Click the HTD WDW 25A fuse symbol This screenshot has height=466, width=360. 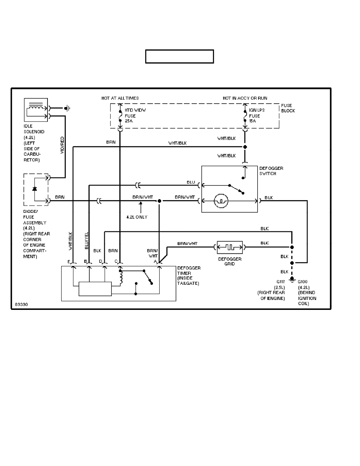(x=120, y=116)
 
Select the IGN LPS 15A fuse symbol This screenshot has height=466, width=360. (x=245, y=116)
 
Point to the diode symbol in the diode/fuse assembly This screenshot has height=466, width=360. (x=35, y=189)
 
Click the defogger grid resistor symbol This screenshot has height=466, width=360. (x=230, y=248)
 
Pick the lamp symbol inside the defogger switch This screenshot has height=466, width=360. (x=221, y=201)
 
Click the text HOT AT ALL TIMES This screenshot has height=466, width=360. (x=120, y=98)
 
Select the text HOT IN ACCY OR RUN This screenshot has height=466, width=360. (x=245, y=98)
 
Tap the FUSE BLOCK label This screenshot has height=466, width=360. (x=288, y=108)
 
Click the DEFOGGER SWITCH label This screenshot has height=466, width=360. (x=271, y=171)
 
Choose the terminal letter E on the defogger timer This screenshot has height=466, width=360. (x=69, y=261)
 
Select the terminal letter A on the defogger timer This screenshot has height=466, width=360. (x=155, y=261)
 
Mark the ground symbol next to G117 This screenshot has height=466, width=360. (x=291, y=280)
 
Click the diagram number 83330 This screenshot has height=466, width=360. (x=20, y=304)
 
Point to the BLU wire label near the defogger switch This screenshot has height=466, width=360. (x=190, y=182)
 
